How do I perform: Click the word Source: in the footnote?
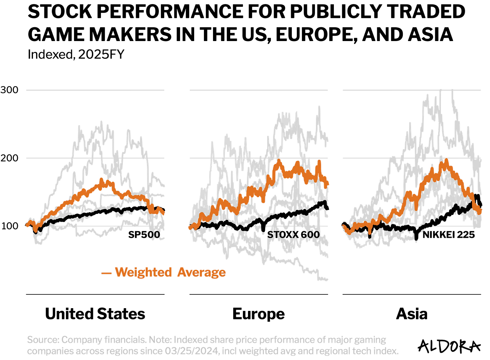coord(43,340)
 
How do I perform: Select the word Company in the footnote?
coord(82,340)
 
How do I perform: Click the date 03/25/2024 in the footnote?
coord(192,351)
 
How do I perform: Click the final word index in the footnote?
coord(384,351)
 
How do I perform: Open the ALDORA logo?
coord(449,346)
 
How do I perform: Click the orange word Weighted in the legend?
coord(143,272)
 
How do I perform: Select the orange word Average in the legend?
coord(202,272)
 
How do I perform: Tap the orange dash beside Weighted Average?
coord(107,273)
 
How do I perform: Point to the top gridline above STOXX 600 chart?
coord(258,90)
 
